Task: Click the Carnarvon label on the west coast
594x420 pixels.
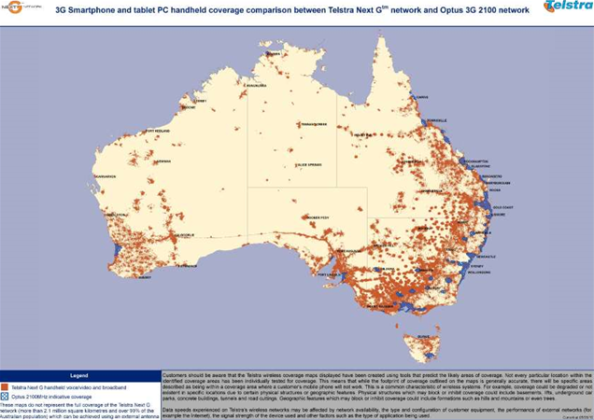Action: click(x=105, y=175)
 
